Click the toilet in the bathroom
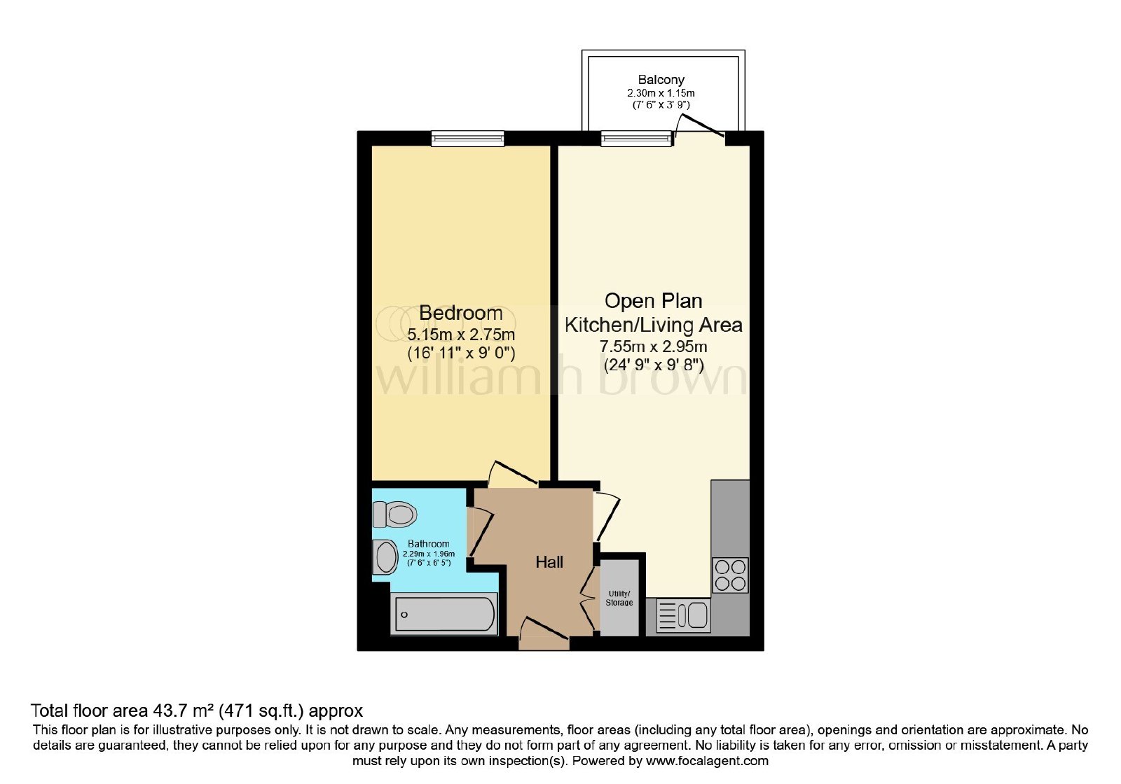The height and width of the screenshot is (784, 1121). point(394,514)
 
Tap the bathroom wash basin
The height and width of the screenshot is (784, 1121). point(385,557)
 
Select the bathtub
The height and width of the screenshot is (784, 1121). point(444,615)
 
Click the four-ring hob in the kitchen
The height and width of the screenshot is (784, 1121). point(730,575)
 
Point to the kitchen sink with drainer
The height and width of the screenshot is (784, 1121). point(683,615)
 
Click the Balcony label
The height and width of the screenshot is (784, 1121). point(661,80)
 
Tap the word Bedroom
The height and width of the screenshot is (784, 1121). point(460,313)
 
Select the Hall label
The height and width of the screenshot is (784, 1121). point(549,562)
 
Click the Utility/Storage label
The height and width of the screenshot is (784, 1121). point(619,598)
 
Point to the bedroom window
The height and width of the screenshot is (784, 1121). point(467,139)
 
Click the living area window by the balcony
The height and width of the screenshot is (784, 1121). point(636,139)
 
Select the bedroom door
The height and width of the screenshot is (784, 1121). point(514,473)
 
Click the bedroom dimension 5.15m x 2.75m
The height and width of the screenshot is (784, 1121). point(461,334)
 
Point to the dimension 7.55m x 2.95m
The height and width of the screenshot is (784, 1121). point(653,346)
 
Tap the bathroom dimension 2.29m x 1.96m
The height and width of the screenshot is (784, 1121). point(429,554)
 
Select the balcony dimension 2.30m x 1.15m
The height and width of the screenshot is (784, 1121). point(661,93)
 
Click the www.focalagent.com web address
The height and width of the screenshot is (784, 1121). point(707,761)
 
